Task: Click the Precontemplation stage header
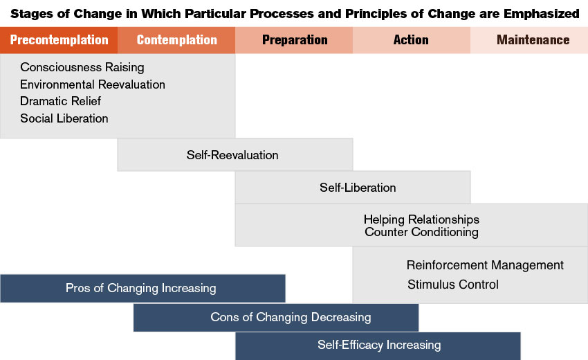[x=59, y=39]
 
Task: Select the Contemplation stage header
[x=176, y=39]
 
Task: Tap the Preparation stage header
[x=294, y=39]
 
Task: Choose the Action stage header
[x=412, y=39]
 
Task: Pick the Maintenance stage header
[x=529, y=39]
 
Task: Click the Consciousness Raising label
[x=82, y=67]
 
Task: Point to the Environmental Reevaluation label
[x=93, y=84]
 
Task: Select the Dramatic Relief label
[x=60, y=101]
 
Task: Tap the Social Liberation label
[x=64, y=118]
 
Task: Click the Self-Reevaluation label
[x=232, y=155]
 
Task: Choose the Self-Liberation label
[x=358, y=188]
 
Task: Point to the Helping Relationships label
[x=421, y=219]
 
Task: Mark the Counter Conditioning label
[x=421, y=232]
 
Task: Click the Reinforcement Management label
[x=485, y=265]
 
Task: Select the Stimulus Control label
[x=453, y=285]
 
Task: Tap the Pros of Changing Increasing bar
[x=143, y=288]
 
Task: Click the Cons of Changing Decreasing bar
[x=276, y=318]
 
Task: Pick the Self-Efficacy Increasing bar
[x=378, y=345]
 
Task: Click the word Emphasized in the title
[x=541, y=14]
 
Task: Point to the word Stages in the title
[x=32, y=14]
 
